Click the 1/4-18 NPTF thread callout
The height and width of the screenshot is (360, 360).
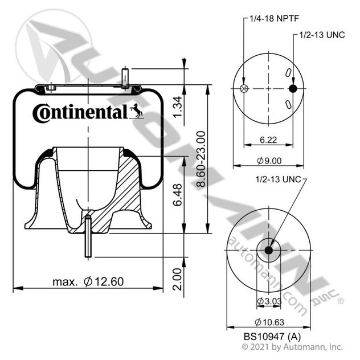(274, 19)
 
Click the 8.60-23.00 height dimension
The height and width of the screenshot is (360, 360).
(201, 159)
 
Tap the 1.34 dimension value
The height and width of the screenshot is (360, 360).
(178, 107)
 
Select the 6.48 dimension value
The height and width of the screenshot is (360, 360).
(178, 195)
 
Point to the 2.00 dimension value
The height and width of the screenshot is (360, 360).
(178, 279)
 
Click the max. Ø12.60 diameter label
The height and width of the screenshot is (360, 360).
(88, 281)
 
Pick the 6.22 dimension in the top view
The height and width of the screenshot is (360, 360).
(268, 140)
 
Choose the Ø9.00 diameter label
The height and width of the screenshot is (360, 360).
(269, 161)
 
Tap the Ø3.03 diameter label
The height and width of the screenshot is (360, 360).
(269, 301)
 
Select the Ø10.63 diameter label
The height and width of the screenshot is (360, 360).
(269, 322)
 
